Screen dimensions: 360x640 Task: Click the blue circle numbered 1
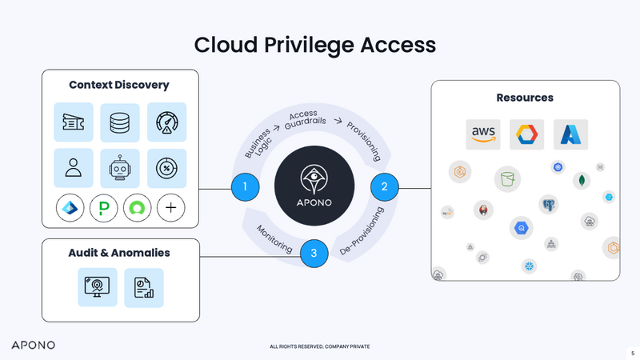click(x=245, y=188)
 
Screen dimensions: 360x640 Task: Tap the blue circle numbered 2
click(x=384, y=187)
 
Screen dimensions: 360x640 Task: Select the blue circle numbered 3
click(x=314, y=254)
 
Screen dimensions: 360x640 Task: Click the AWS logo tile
click(x=483, y=134)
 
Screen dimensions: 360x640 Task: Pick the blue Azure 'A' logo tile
click(x=570, y=134)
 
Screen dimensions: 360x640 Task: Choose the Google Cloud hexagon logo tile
click(x=526, y=134)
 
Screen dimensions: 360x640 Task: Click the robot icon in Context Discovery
click(x=120, y=168)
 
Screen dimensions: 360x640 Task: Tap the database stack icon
click(x=120, y=122)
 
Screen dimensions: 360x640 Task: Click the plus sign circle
click(x=170, y=208)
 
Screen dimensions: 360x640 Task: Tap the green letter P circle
click(x=104, y=208)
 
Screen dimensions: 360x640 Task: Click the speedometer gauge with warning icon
click(x=166, y=122)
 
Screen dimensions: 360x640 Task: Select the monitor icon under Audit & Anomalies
click(x=97, y=287)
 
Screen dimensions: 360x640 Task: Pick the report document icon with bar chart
click(x=144, y=287)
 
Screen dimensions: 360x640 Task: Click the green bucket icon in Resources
click(x=506, y=178)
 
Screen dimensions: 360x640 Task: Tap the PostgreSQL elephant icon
click(x=548, y=205)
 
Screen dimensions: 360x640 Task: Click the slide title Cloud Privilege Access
click(x=315, y=45)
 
